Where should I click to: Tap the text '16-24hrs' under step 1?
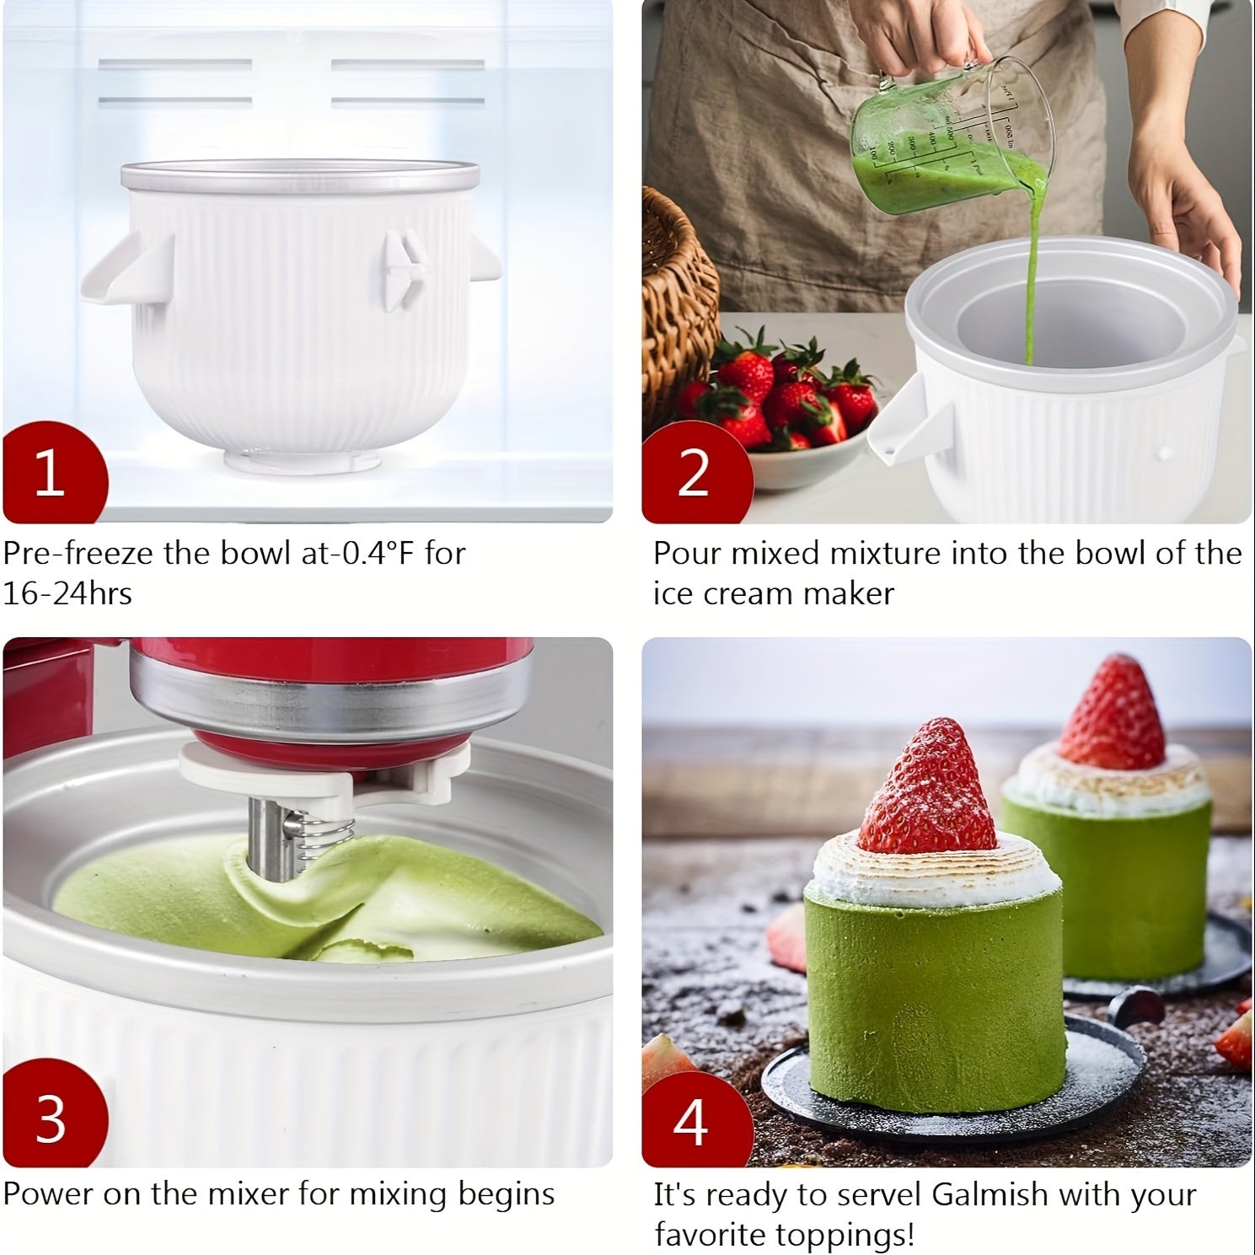pos(67,594)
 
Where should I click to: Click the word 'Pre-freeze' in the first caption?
pos(78,554)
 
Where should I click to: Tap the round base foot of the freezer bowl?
pos(302,461)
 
